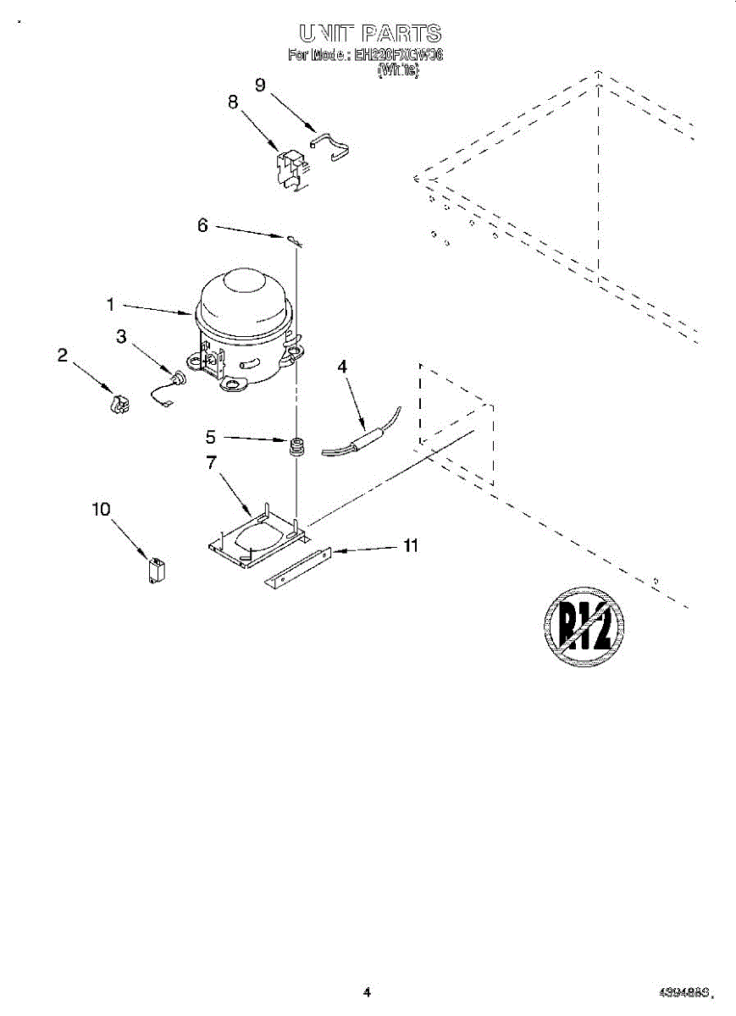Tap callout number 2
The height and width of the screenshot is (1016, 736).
pyautogui.click(x=63, y=356)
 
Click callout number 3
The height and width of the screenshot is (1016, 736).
pyautogui.click(x=121, y=336)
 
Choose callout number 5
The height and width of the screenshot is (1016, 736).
pyautogui.click(x=211, y=438)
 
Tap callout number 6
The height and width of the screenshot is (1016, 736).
pyautogui.click(x=202, y=225)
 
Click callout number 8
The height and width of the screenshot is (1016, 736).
pyautogui.click(x=233, y=102)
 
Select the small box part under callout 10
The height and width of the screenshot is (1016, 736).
pyautogui.click(x=157, y=568)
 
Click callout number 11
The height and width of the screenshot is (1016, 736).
pyautogui.click(x=411, y=546)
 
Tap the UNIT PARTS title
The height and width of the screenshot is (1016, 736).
pyautogui.click(x=370, y=34)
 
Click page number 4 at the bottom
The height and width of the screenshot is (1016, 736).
pyautogui.click(x=367, y=992)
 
